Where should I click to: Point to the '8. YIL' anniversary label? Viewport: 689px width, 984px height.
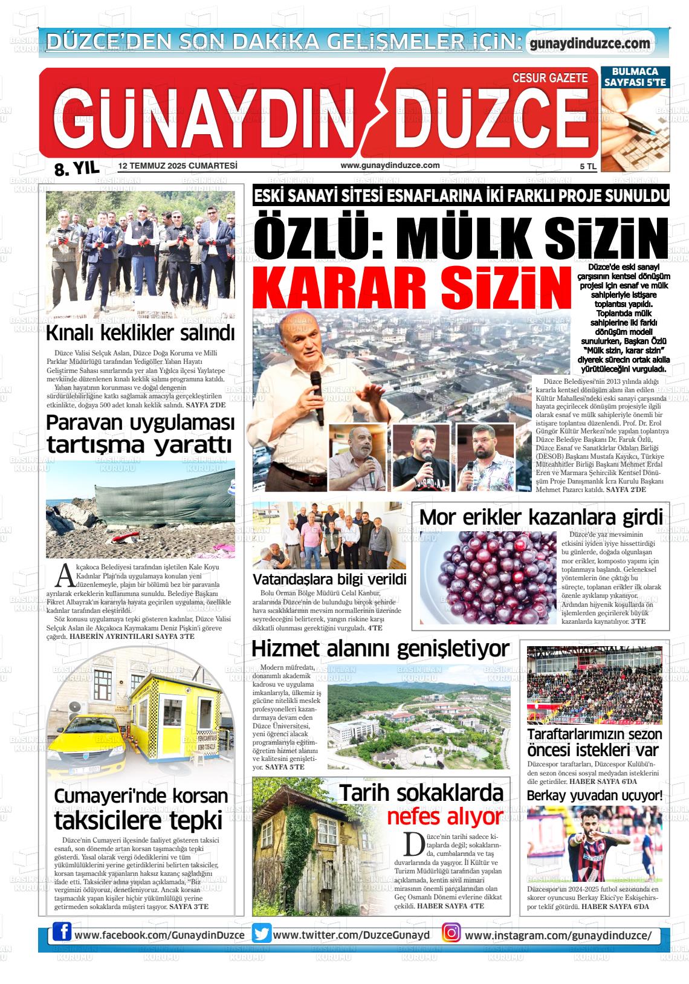click(77, 169)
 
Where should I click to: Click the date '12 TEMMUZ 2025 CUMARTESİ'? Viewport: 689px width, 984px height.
click(178, 166)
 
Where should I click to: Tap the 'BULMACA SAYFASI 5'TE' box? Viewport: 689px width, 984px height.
click(635, 76)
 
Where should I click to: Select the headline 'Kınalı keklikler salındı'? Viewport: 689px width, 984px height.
click(140, 333)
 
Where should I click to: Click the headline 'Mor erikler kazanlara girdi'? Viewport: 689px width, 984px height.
click(541, 518)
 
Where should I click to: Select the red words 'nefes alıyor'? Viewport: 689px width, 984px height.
click(444, 817)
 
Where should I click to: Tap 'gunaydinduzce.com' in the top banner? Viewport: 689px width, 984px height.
click(589, 44)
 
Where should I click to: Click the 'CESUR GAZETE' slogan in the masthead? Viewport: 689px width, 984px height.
click(549, 78)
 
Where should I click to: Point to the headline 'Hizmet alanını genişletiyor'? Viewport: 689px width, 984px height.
click(380, 649)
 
